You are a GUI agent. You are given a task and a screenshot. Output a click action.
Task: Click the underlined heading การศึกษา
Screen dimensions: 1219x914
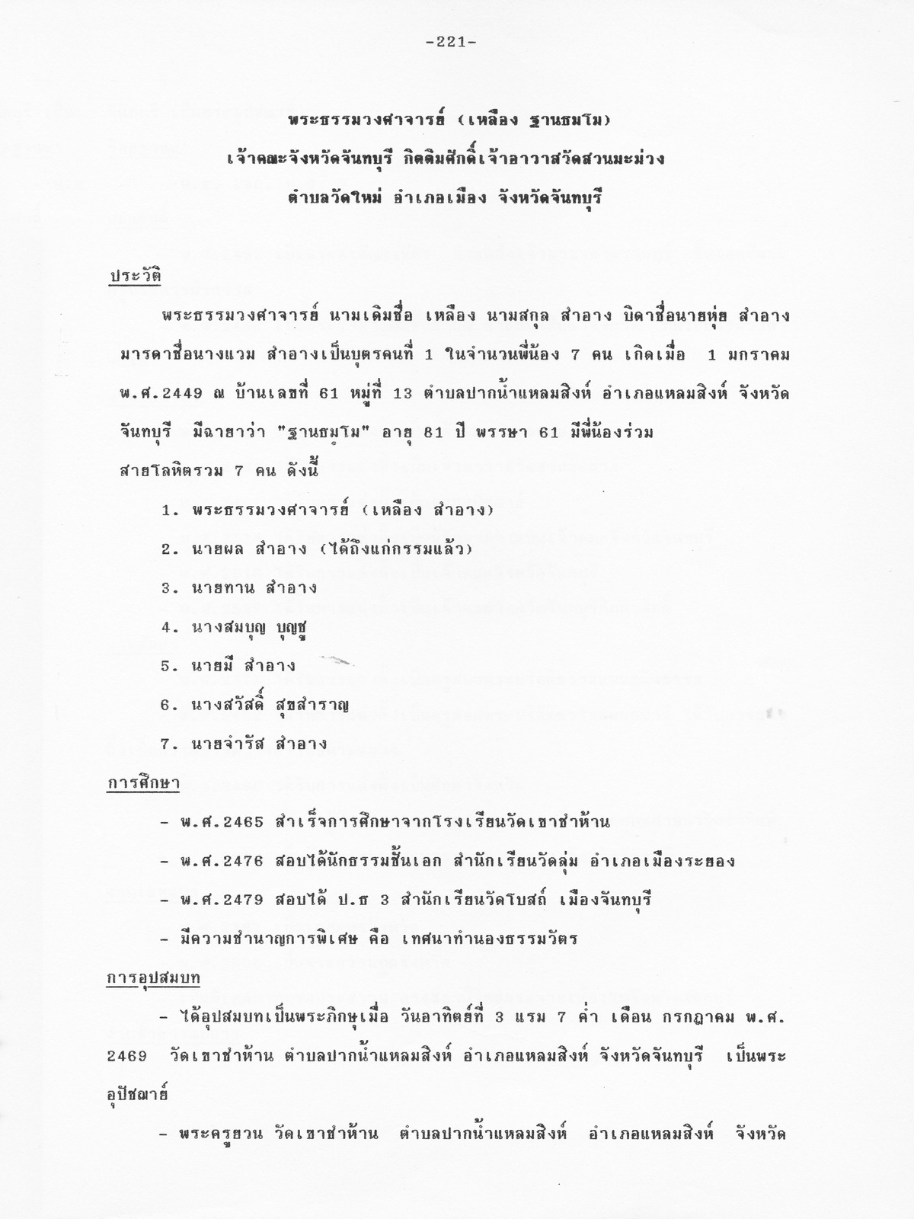click(142, 782)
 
